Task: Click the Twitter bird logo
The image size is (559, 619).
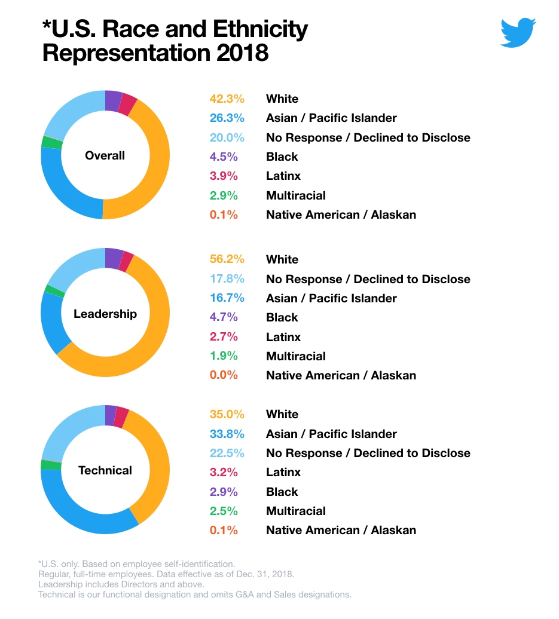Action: click(518, 32)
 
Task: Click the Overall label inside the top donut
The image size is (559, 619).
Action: click(105, 155)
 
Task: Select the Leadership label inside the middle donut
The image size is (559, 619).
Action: click(105, 314)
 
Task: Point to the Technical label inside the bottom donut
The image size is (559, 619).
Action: click(105, 470)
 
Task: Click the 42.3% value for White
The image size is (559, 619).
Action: click(227, 99)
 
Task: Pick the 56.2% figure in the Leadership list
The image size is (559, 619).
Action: click(227, 259)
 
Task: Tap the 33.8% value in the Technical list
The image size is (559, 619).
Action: click(227, 434)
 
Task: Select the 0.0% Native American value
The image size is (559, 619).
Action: click(224, 375)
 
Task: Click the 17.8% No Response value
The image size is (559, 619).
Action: click(227, 278)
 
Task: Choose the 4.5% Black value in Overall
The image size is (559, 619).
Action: click(224, 157)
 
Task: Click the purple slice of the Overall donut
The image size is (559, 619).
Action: click(114, 100)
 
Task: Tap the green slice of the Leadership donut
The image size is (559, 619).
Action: click(55, 291)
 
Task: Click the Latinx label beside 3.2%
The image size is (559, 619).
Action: click(283, 472)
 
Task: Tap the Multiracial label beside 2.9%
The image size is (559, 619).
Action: click(296, 195)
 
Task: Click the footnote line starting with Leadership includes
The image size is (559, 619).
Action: click(121, 584)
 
